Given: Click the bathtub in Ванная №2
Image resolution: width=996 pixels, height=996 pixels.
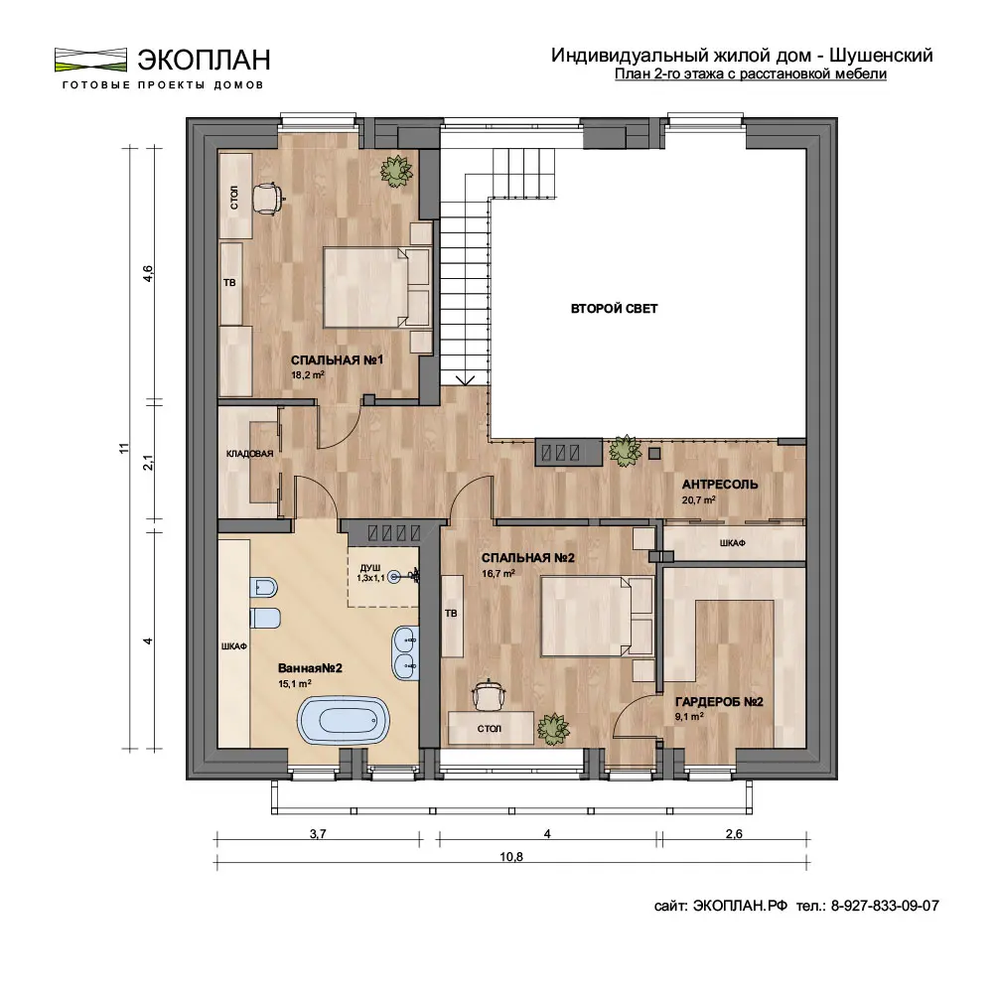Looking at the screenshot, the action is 343,720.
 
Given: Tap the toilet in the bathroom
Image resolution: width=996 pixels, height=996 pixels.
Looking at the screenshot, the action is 264,588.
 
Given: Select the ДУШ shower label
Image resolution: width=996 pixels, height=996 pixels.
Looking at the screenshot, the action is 369,567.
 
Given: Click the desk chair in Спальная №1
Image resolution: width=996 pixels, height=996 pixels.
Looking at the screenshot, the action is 267,199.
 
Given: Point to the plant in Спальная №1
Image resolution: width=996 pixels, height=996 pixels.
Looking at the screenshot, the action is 396,170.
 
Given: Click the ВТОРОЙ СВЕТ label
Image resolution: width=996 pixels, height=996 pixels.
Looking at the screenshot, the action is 615,309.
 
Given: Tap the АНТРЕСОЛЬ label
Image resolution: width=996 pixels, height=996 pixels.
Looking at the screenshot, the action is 720,484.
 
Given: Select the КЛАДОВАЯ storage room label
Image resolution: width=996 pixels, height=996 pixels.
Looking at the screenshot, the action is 249,454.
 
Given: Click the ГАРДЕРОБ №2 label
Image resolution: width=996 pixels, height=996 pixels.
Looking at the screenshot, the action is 719,702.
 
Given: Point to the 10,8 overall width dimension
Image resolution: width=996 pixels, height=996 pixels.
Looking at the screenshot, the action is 511,856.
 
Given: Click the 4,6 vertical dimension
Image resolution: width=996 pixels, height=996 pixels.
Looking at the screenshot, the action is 147,274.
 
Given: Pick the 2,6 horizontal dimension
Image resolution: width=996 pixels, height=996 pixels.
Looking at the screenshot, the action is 734,833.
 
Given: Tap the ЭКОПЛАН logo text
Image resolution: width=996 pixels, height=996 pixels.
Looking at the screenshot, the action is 204,60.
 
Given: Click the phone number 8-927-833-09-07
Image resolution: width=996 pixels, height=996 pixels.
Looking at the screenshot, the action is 885,906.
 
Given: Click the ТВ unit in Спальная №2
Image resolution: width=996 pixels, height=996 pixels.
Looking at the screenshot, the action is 452,616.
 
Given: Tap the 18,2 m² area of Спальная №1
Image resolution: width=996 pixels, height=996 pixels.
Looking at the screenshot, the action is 308,374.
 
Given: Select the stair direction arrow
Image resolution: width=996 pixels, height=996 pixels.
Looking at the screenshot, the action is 466,379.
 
